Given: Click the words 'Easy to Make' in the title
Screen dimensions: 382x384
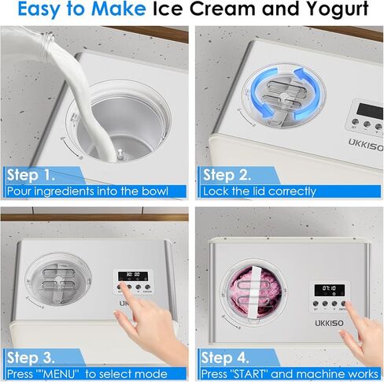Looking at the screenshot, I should pos(76,11).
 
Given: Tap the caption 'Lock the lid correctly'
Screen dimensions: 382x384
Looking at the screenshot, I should pos(259,191).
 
